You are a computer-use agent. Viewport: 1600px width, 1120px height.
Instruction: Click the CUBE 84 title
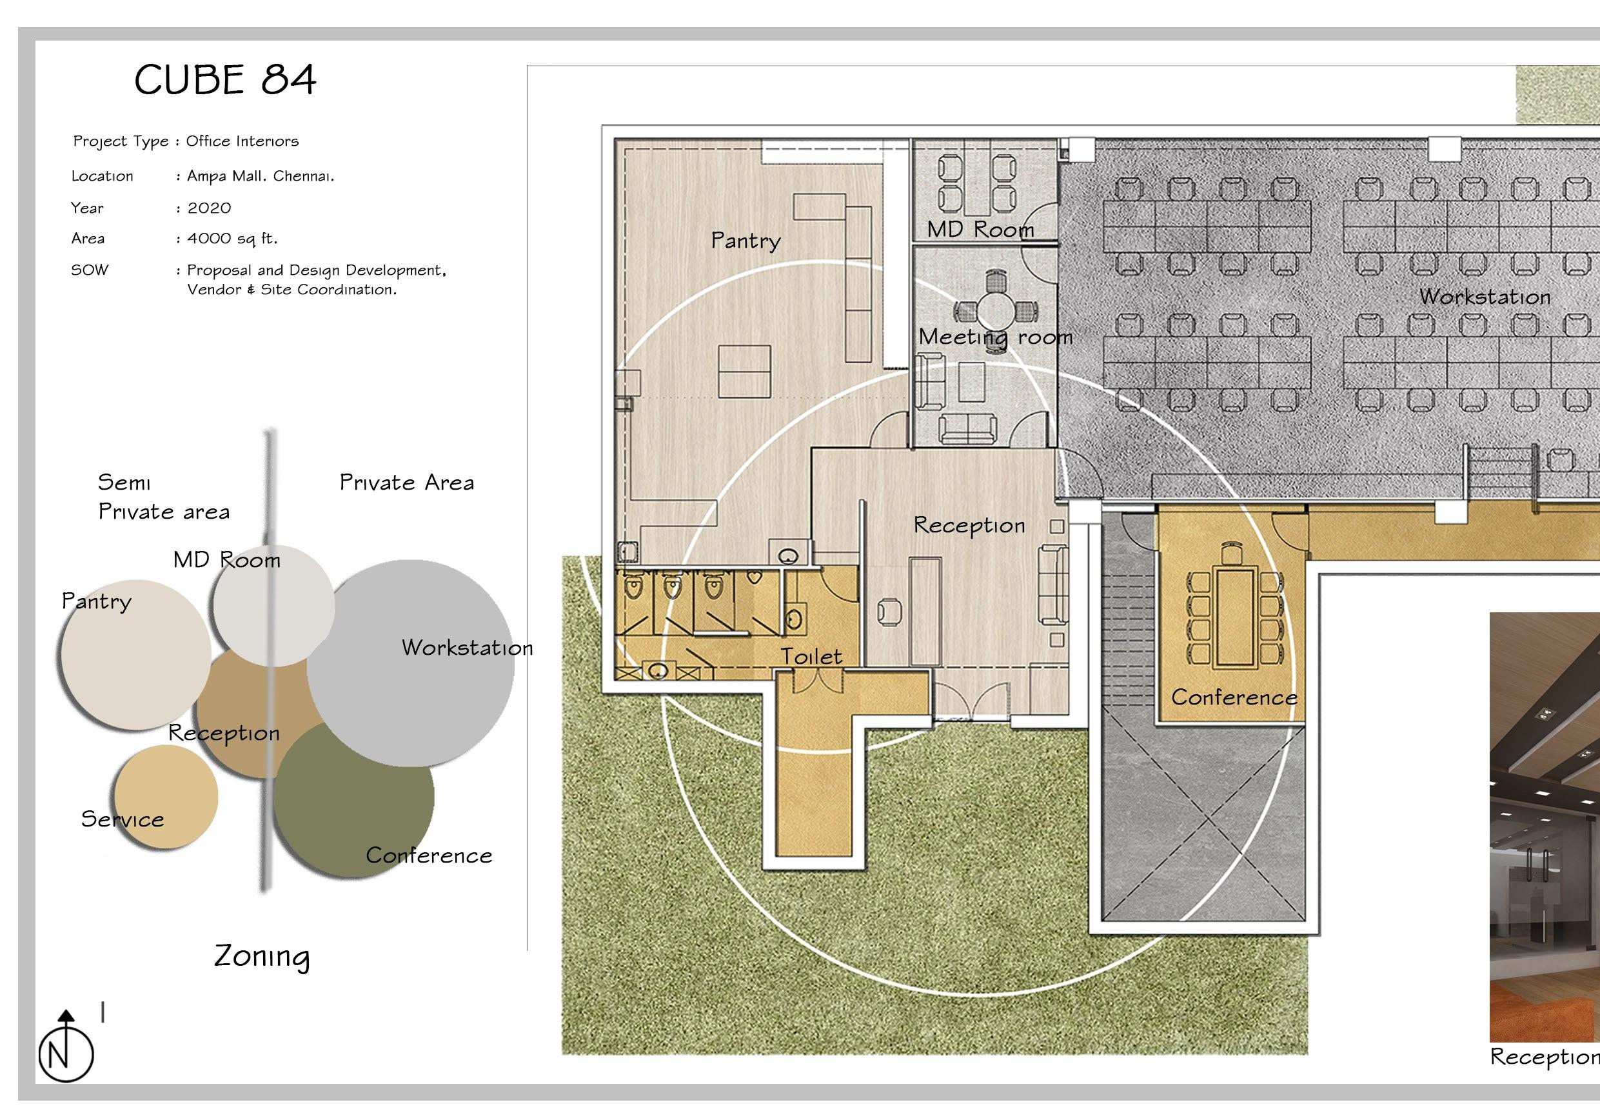(225, 79)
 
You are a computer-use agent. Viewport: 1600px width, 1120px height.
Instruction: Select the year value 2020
(209, 208)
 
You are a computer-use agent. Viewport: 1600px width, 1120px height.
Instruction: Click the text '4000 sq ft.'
(232, 238)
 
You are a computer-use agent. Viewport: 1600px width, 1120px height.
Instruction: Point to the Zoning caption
(262, 955)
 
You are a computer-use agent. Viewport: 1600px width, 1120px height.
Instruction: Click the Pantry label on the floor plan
(746, 241)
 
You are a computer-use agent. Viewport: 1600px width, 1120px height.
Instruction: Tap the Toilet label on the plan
(811, 656)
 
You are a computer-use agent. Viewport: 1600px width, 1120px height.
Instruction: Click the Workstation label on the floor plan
(1485, 297)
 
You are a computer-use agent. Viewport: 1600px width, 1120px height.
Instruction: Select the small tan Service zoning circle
(166, 796)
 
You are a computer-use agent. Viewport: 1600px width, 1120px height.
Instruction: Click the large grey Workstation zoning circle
(410, 663)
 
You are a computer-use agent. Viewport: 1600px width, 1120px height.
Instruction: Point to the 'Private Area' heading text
(407, 483)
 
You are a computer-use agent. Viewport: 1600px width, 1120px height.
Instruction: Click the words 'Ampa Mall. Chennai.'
(261, 176)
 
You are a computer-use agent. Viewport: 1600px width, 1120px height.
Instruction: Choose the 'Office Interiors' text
(242, 141)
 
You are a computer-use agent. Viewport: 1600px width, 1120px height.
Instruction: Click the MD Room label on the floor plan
(980, 229)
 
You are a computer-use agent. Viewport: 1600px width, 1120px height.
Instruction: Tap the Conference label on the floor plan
(1234, 697)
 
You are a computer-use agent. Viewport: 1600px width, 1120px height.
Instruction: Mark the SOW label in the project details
(90, 270)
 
